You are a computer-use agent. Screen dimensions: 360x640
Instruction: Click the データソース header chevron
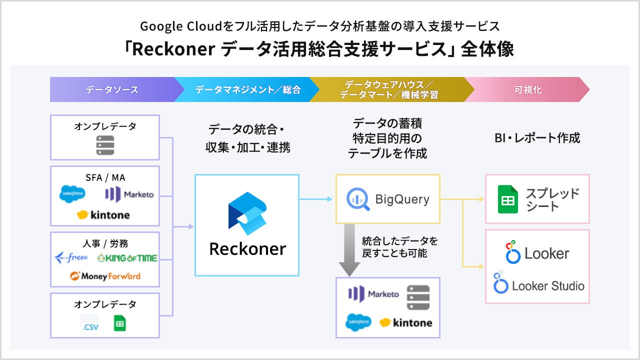click(112, 90)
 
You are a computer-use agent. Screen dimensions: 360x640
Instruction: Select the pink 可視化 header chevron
click(527, 90)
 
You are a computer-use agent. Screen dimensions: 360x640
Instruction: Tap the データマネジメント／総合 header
click(248, 90)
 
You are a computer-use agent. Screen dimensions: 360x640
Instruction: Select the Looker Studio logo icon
click(500, 283)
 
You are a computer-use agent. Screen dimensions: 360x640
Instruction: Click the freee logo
click(71, 258)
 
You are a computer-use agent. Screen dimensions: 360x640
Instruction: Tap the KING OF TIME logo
click(127, 258)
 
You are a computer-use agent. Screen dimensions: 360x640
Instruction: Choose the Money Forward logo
click(105, 276)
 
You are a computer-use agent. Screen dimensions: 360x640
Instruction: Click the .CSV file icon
click(90, 323)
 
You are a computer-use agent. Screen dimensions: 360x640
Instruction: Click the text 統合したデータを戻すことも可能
click(399, 247)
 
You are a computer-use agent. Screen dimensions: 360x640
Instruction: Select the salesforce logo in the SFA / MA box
click(72, 194)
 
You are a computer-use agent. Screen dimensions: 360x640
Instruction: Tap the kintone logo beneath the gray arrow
click(405, 322)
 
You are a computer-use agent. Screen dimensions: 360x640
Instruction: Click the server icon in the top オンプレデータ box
click(105, 145)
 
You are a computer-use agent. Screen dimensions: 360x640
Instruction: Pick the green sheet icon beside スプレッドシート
click(507, 199)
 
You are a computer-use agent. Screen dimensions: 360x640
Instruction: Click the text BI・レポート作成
click(537, 138)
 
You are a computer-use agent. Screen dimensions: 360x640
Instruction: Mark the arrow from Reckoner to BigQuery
click(316, 199)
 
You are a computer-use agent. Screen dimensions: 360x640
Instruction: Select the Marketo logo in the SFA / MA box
click(129, 194)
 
